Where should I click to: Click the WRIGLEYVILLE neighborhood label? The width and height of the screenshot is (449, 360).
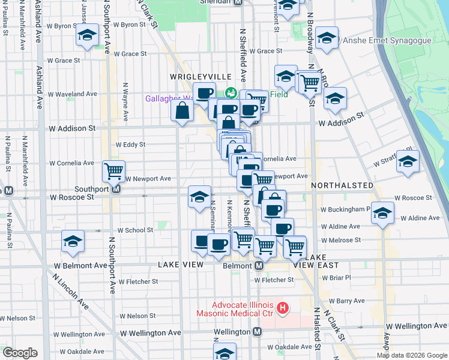point(191,77)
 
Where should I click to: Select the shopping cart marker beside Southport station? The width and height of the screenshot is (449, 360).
point(113,171)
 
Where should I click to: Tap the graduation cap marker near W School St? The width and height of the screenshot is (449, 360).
point(73,241)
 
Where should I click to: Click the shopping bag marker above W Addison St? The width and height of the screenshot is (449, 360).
point(182,110)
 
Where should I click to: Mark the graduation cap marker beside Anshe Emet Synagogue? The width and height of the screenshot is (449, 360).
point(327,38)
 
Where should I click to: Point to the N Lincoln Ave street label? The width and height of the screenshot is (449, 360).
point(71,292)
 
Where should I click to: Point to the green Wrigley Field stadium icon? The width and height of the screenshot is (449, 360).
point(231,94)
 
